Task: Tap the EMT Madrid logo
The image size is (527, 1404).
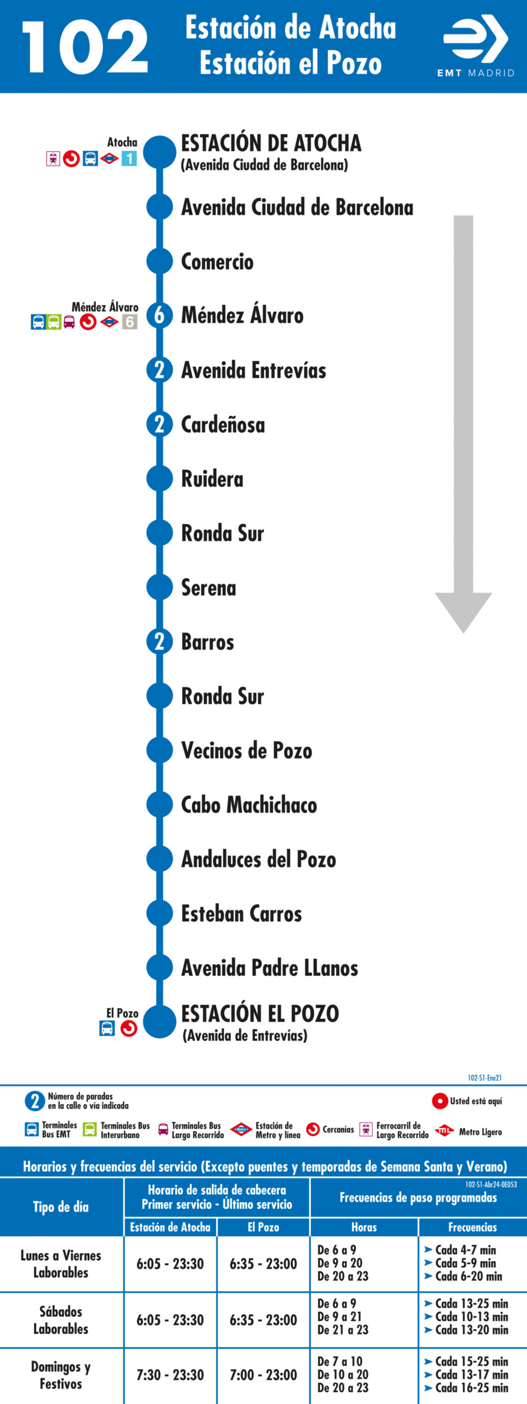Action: [x=476, y=46]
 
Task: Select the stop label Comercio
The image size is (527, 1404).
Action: [x=217, y=262]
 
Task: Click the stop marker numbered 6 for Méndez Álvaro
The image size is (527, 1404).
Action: [x=160, y=315]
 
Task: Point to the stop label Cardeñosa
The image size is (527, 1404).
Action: [x=223, y=424]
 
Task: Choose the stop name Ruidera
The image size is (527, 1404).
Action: [x=212, y=479]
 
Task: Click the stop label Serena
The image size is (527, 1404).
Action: [x=209, y=588]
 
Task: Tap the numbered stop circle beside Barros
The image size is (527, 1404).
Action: [x=160, y=642]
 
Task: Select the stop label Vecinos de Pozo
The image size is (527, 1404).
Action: [x=247, y=750]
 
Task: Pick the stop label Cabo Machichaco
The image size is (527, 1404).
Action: [x=249, y=805]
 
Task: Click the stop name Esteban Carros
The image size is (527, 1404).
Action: [x=241, y=914]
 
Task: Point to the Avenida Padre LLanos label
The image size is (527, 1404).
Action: [x=270, y=968]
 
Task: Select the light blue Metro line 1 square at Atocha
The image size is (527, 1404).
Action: [x=129, y=159]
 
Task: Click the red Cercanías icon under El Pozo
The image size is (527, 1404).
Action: [x=128, y=1029]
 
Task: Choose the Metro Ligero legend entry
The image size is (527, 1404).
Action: [x=469, y=1131]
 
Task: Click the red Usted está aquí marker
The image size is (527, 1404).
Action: [x=440, y=1101]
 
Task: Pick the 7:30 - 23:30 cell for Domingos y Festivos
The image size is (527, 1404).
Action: [x=170, y=1375]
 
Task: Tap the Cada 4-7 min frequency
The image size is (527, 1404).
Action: [x=460, y=1250]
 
